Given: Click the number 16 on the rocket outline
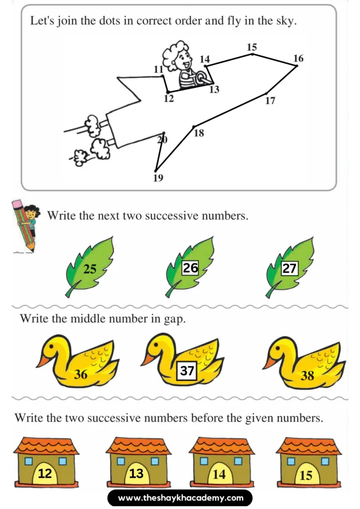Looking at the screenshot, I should [x=298, y=59].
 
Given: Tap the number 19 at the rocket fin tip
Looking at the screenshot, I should [x=158, y=178].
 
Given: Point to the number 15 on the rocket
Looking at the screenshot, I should [x=252, y=47].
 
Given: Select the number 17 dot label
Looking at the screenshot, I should [x=270, y=101].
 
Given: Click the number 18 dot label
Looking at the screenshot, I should [x=199, y=133].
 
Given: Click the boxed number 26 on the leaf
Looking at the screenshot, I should [x=190, y=268].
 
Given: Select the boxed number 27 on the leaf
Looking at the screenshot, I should [x=289, y=269].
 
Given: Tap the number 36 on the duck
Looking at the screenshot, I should [x=81, y=375].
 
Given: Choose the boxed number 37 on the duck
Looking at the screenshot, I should [x=187, y=371].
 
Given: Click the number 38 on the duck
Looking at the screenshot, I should [x=307, y=376].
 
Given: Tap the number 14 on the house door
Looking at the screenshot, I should [x=219, y=474].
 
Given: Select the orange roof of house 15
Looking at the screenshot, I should [x=308, y=445].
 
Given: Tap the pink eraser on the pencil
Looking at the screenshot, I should [x=16, y=204].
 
